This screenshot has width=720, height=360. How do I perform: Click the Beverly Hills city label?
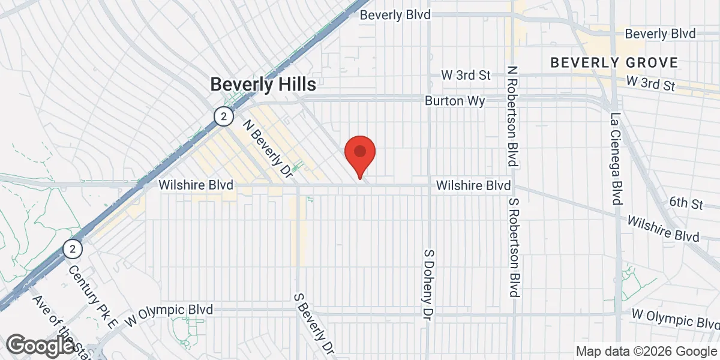(263, 85)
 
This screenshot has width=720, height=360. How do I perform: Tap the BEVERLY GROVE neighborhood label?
(614, 62)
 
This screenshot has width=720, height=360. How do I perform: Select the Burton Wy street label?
(455, 101)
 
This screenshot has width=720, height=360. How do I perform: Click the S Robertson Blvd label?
(513, 247)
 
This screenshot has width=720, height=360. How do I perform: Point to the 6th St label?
(686, 203)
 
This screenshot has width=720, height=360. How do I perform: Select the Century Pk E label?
(94, 289)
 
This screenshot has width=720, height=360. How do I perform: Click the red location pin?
(360, 153)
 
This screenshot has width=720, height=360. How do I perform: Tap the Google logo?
(41, 345)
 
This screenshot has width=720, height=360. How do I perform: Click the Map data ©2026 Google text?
(646, 351)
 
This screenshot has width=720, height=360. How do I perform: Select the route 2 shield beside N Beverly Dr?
(223, 116)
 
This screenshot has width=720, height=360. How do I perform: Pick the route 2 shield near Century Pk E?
(73, 248)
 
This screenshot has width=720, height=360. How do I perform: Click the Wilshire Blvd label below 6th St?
(663, 229)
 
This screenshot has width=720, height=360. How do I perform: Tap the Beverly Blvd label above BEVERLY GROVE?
(660, 34)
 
